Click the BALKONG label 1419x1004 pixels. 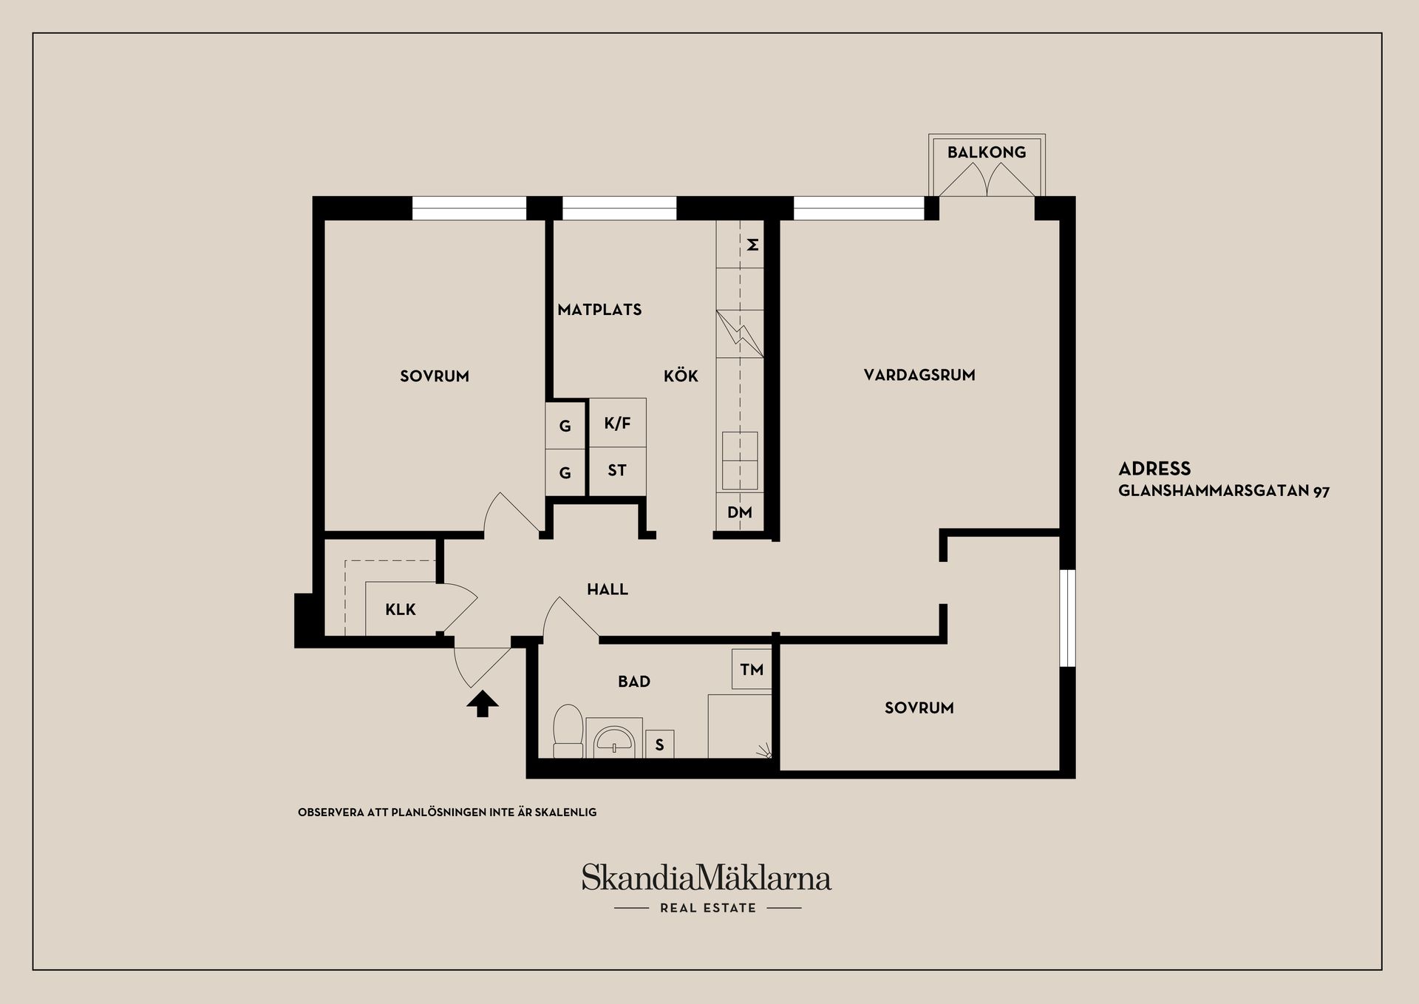point(986,152)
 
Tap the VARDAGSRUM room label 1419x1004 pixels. point(919,375)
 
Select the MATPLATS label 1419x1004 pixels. point(599,310)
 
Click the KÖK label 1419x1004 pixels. point(680,376)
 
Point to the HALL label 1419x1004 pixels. point(607,589)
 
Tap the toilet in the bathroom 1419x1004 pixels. point(568,730)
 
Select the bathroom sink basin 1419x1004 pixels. point(614,740)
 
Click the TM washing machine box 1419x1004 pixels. point(752,669)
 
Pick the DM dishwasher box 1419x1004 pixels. point(739,512)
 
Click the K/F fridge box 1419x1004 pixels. point(617,423)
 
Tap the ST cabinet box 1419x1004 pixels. point(617,470)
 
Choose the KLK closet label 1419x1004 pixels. point(401,610)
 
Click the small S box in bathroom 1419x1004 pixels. point(659,744)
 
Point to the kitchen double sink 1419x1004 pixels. point(740,461)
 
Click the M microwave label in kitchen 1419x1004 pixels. point(752,244)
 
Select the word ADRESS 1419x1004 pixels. point(1154,469)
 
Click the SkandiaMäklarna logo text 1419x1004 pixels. point(706,878)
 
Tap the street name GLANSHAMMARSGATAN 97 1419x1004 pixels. point(1223,491)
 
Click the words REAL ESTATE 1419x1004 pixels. point(708,908)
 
